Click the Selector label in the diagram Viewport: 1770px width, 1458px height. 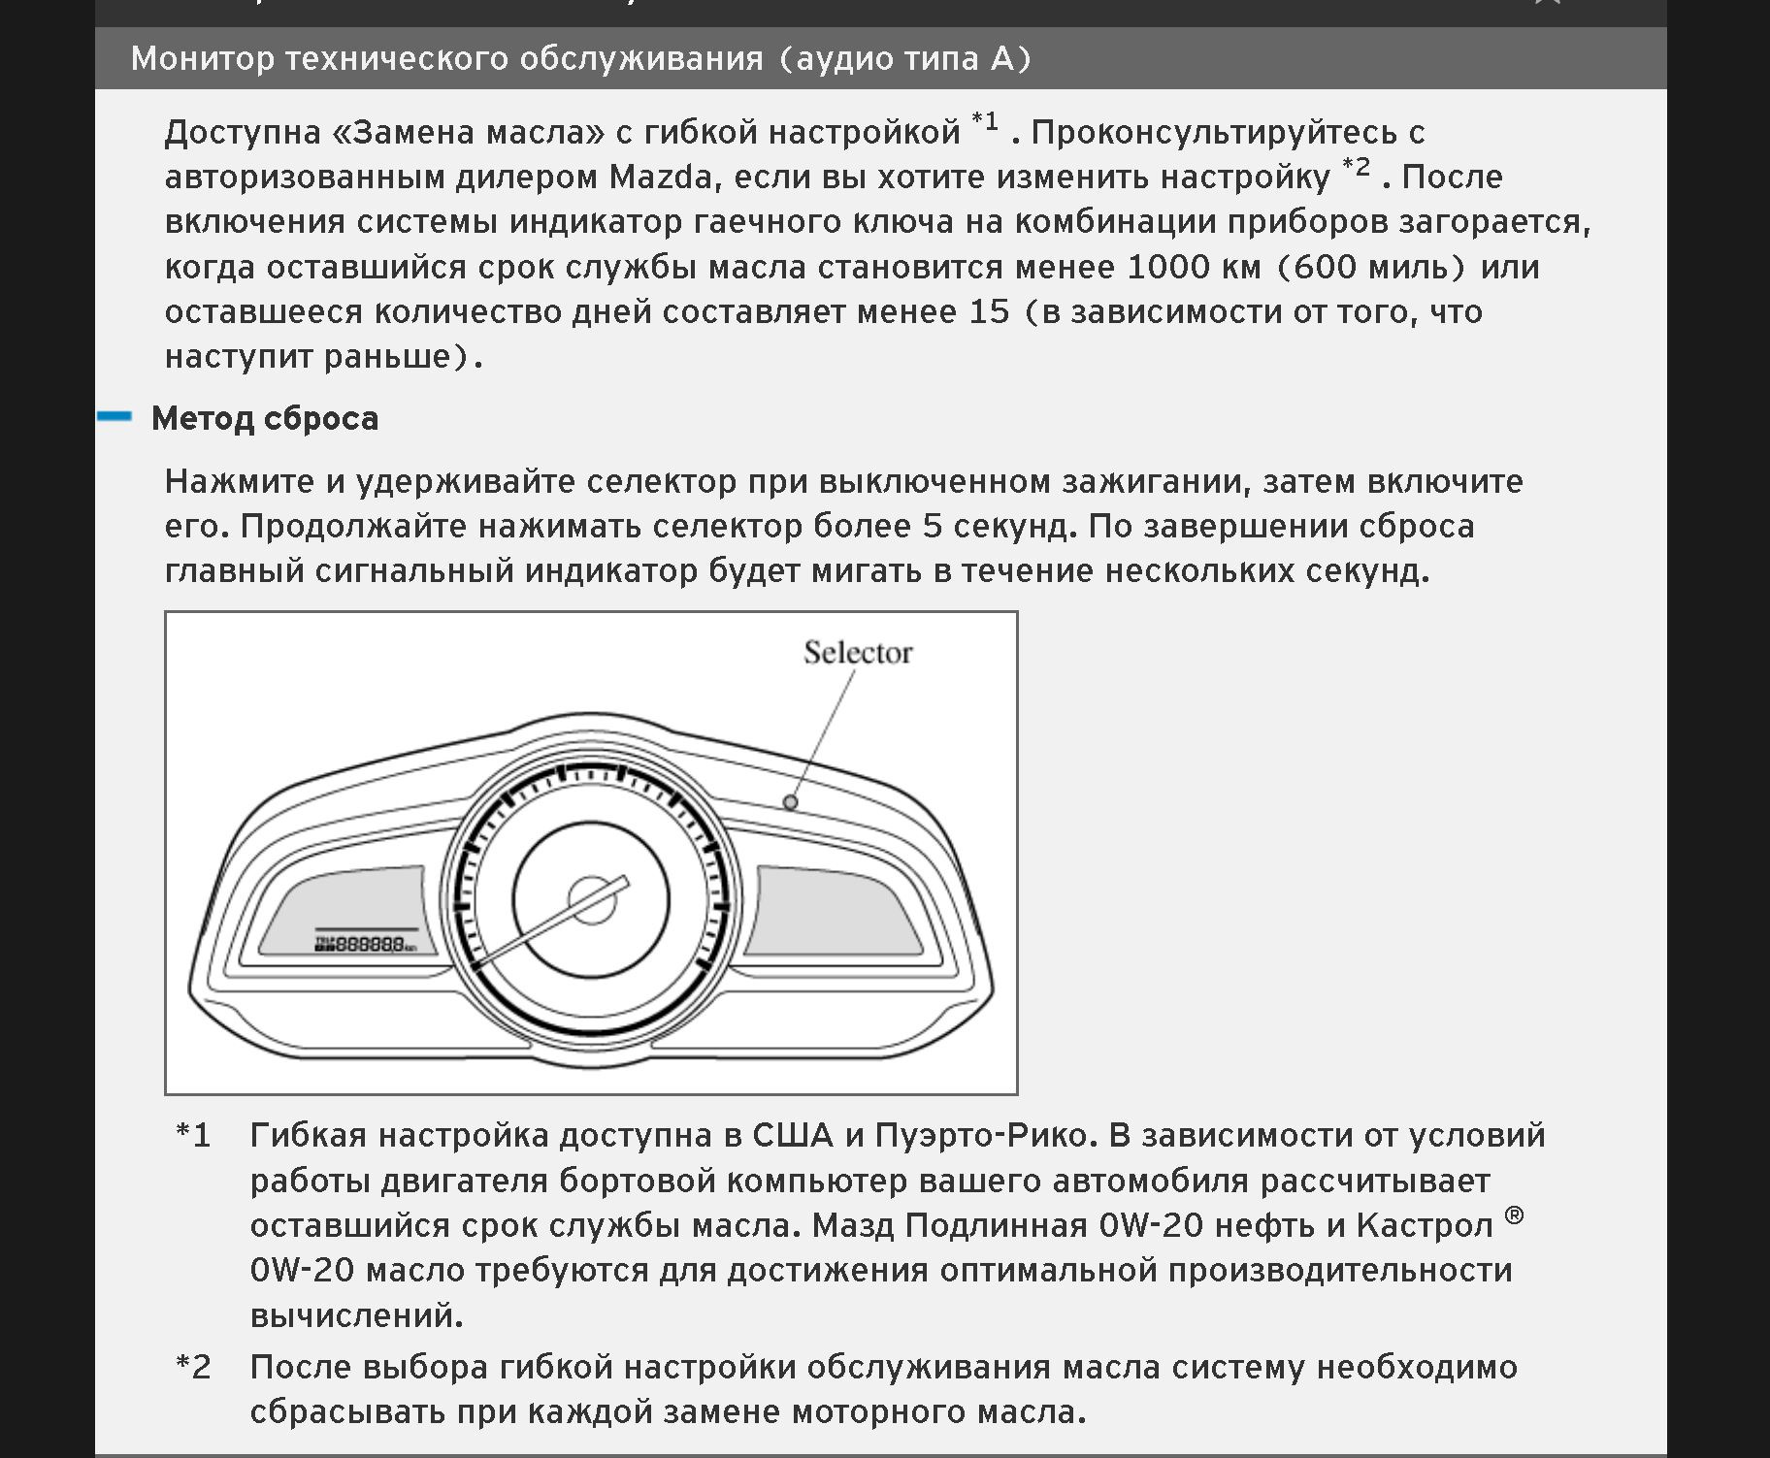[x=858, y=653]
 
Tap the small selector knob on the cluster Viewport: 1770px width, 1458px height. [x=791, y=802]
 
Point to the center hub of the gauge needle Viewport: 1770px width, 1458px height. [x=591, y=899]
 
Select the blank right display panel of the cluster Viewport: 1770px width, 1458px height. [x=836, y=913]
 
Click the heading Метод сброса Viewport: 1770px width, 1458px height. [x=265, y=418]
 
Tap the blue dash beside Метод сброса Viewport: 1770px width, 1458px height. [x=115, y=416]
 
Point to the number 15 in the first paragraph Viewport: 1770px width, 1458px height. [x=989, y=311]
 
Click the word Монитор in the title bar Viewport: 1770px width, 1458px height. [x=202, y=58]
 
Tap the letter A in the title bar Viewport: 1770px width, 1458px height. [x=1002, y=58]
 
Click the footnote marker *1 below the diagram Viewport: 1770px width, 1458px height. [x=193, y=1134]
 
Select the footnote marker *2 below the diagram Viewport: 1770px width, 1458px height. [x=193, y=1367]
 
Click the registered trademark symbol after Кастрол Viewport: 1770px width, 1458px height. [x=1514, y=1215]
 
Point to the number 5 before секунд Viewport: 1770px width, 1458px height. [x=933, y=526]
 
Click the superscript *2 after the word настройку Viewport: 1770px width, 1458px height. [x=1356, y=168]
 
